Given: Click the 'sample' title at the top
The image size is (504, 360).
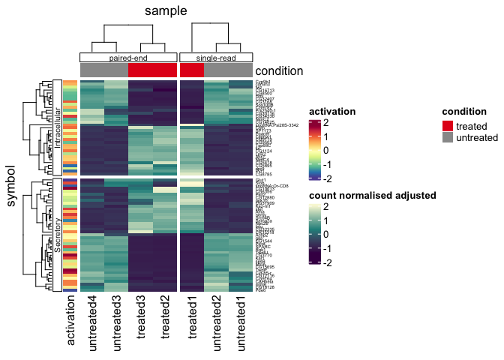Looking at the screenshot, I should [x=166, y=10].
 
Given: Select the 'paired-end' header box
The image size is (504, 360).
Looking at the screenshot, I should [x=128, y=57].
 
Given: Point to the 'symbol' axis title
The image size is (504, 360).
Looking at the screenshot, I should [x=11, y=185].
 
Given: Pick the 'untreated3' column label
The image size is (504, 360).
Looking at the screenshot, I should [x=116, y=324].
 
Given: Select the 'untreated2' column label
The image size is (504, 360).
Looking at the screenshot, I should [x=216, y=324].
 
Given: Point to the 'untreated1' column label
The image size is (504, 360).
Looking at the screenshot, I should [x=241, y=324].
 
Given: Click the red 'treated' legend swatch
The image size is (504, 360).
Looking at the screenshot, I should [x=448, y=126].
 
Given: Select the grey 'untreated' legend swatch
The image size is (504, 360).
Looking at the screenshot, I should [x=448, y=138].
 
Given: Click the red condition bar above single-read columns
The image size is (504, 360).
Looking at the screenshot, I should [x=192, y=70].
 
